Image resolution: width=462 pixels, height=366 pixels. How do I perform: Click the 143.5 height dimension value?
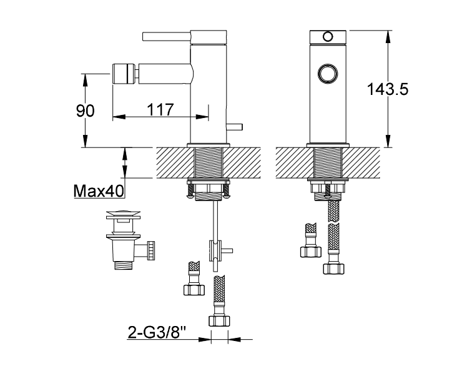tap(388, 89)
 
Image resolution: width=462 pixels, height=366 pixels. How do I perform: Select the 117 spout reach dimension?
tap(160, 109)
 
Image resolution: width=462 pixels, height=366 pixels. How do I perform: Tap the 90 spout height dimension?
tap(85, 111)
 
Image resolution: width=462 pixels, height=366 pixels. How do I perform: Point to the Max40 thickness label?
tap(99, 191)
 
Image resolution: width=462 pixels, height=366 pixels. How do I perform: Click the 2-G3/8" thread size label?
tap(157, 333)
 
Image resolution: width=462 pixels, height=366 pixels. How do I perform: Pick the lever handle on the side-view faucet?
tap(167, 37)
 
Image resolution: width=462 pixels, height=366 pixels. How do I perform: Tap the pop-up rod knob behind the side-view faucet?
tap(234, 127)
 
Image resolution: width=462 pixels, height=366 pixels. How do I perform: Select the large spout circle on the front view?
tap(328, 73)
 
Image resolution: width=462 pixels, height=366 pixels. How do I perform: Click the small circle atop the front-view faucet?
tap(328, 37)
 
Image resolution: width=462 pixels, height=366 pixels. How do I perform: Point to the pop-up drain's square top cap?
tap(123, 214)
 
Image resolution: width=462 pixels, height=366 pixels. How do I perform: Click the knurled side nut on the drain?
tap(151, 250)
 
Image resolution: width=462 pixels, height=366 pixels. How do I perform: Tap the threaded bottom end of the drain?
tap(124, 265)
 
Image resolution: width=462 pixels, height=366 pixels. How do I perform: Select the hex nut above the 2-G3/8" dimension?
tap(219, 321)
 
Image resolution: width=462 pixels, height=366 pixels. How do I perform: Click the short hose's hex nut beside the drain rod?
tap(194, 290)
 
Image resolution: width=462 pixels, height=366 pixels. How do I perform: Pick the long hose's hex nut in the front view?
tap(333, 269)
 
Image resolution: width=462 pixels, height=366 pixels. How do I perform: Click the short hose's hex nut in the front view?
tap(311, 252)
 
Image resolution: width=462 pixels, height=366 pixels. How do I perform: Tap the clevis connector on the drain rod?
tap(216, 251)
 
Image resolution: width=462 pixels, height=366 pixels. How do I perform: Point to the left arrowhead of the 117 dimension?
tap(119, 117)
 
